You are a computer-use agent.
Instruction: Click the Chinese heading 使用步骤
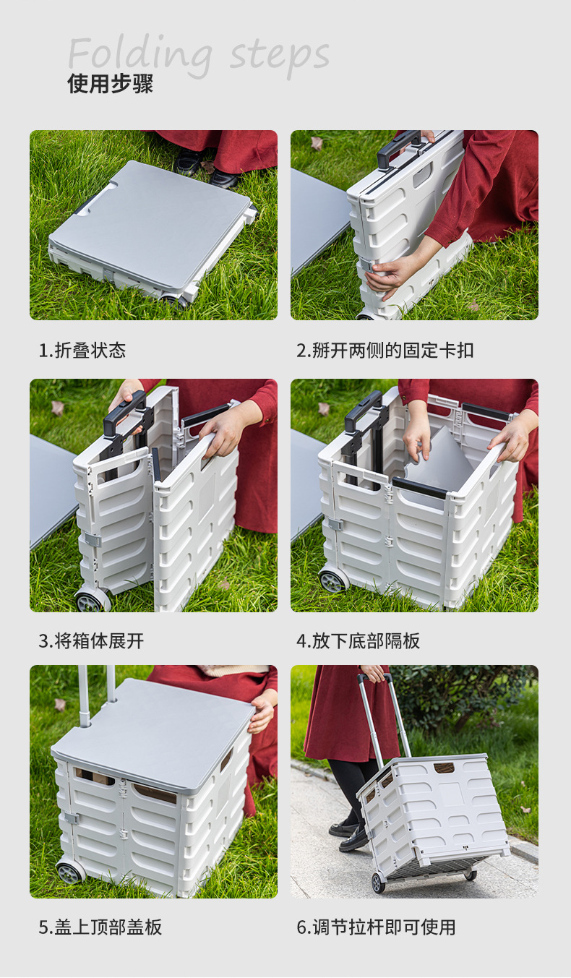tap(110, 84)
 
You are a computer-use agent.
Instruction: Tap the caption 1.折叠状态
tap(82, 351)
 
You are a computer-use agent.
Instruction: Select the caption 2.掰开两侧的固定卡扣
tap(385, 351)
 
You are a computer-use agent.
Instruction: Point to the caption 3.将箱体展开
tap(91, 640)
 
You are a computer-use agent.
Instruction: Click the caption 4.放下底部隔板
tap(358, 640)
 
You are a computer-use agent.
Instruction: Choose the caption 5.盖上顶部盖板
tap(100, 927)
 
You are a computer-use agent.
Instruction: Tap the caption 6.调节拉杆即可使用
tap(376, 927)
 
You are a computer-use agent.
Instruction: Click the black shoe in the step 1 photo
tap(189, 161)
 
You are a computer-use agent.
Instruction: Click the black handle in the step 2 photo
tap(398, 147)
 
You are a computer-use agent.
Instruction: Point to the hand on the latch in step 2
tap(390, 273)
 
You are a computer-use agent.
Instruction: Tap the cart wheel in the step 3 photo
tap(90, 601)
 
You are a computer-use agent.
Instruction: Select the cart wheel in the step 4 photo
tap(333, 580)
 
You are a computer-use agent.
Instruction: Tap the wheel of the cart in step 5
tap(69, 872)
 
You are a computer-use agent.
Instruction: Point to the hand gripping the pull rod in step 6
tap(374, 673)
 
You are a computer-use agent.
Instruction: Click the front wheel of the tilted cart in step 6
tap(378, 883)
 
